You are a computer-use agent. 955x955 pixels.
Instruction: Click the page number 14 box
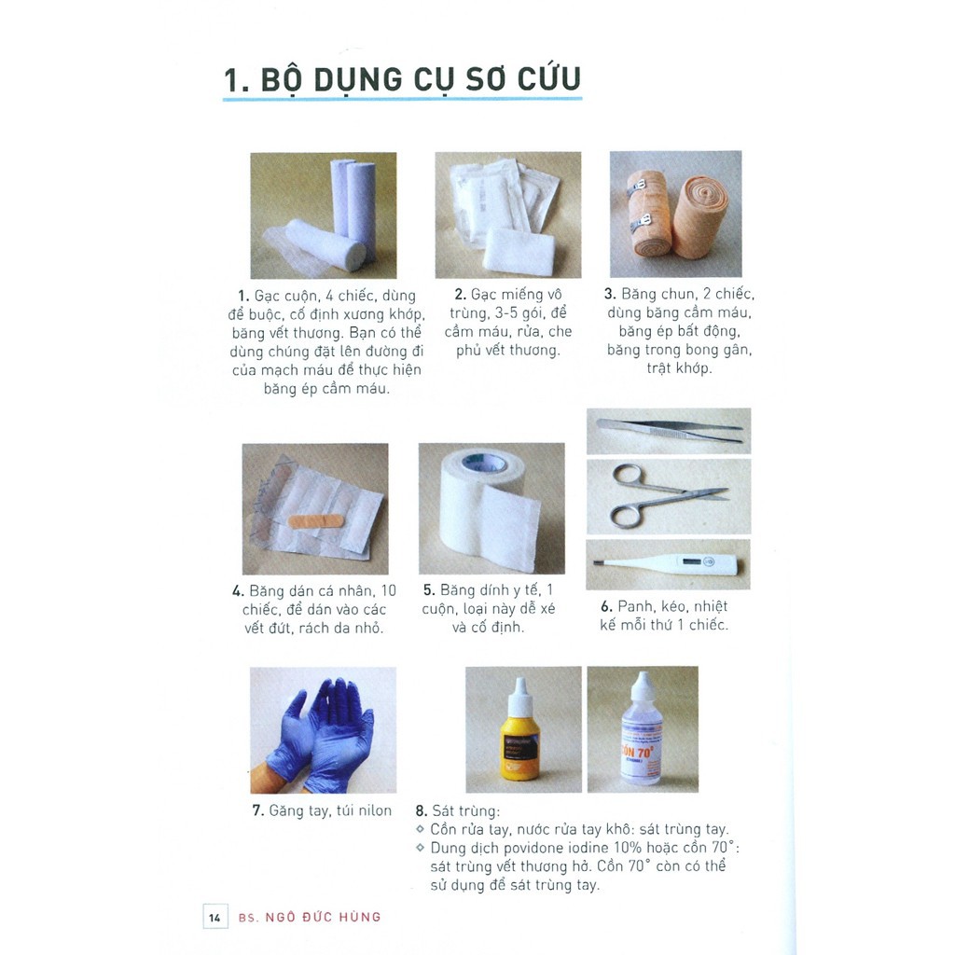coord(215,917)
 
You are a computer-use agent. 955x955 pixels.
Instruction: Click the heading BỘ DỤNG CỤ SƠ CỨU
coord(401,80)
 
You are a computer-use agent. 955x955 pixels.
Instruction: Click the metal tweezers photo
coord(669,430)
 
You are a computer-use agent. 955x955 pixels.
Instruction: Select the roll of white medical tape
coord(490,508)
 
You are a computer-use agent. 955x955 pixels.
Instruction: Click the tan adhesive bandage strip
coord(317,519)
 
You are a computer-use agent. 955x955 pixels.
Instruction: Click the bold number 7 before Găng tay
coord(257,810)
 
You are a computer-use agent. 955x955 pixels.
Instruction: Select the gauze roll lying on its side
coord(322,244)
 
